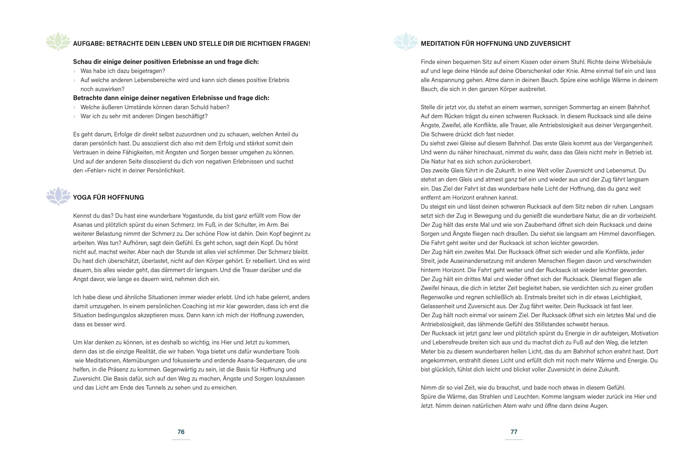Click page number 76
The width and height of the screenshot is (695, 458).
coord(181,432)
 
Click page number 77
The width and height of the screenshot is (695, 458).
coord(514,432)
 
